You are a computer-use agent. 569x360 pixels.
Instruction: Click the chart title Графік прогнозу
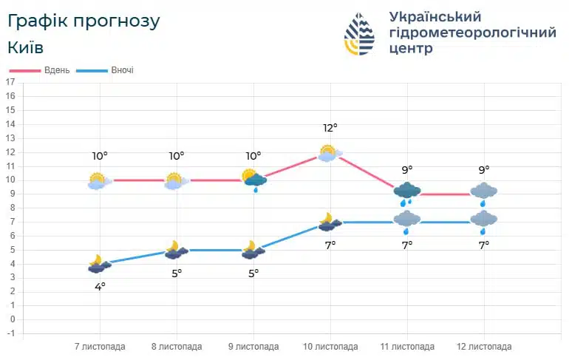pyautogui.click(x=84, y=21)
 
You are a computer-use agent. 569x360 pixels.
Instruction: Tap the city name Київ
pyautogui.click(x=26, y=47)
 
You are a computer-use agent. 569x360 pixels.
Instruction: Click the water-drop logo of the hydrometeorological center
pyautogui.click(x=360, y=34)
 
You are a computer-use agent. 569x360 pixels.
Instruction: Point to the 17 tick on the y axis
pyautogui.click(x=10, y=83)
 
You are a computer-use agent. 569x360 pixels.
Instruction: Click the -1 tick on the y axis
pyautogui.click(x=10, y=333)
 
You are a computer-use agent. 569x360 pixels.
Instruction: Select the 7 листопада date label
pyautogui.click(x=100, y=347)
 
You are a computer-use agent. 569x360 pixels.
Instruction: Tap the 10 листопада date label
pyautogui.click(x=330, y=347)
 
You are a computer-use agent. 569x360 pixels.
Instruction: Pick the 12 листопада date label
pyautogui.click(x=484, y=347)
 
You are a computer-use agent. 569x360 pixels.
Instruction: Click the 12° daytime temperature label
pyautogui.click(x=330, y=128)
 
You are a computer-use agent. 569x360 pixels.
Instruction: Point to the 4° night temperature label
pyautogui.click(x=100, y=286)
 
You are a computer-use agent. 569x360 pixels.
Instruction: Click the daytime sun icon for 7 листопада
pyautogui.click(x=98, y=180)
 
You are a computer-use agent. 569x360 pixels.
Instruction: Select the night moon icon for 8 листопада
pyautogui.click(x=175, y=250)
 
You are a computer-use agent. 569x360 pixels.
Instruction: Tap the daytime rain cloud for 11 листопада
pyautogui.click(x=407, y=192)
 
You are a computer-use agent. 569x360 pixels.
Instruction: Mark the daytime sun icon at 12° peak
pyautogui.click(x=330, y=153)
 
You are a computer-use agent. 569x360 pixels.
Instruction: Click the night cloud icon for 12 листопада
pyautogui.click(x=484, y=220)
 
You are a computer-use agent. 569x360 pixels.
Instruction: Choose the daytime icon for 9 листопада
pyautogui.click(x=253, y=179)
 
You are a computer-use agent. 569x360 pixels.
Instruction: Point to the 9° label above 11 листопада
pyautogui.click(x=407, y=170)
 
